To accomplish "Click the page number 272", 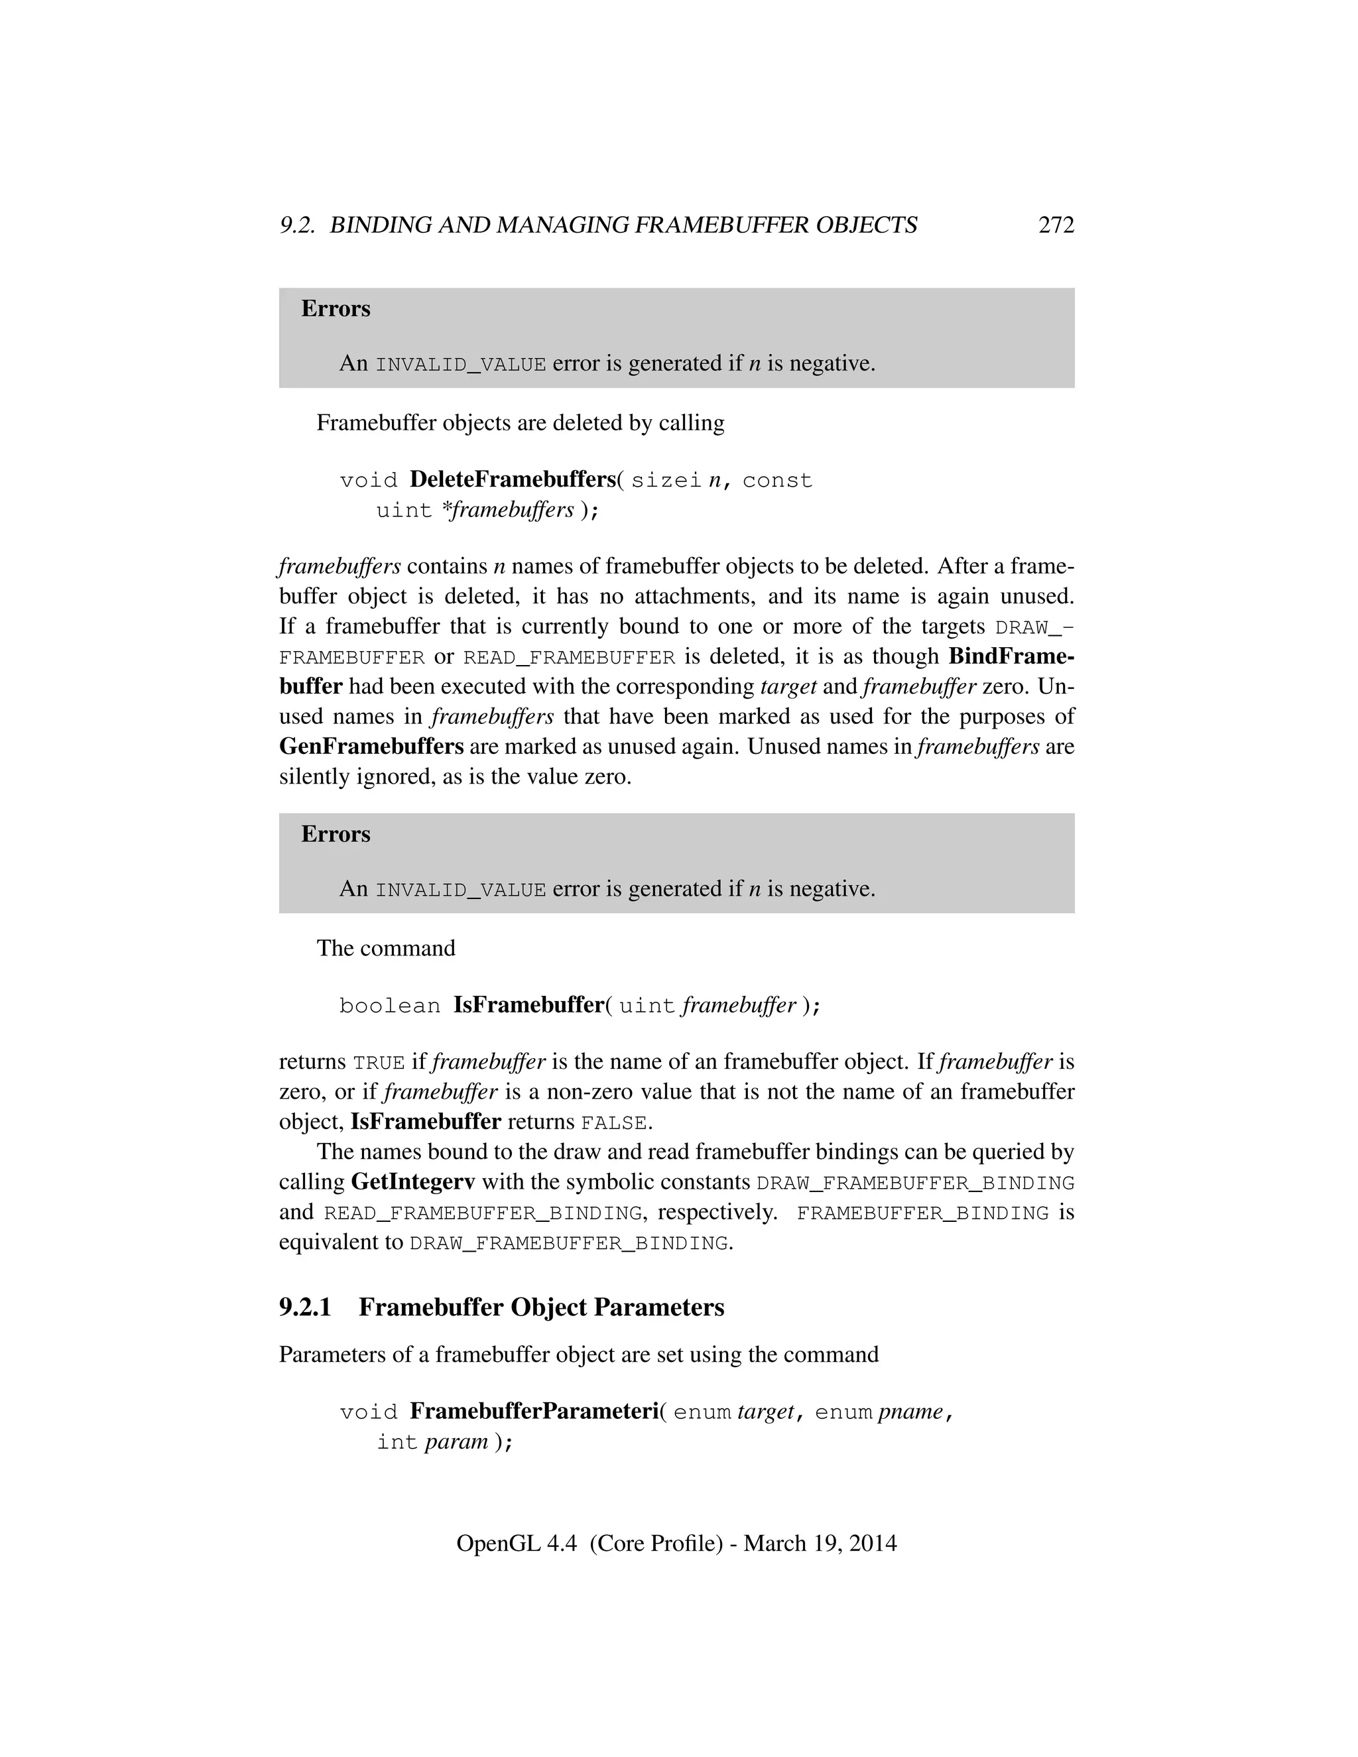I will click(1056, 225).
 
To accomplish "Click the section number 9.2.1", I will click(305, 1307).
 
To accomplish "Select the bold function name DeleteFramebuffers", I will click(512, 479).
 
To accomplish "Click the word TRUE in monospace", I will click(379, 1063).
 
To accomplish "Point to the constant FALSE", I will click(614, 1123).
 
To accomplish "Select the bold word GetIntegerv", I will click(412, 1183).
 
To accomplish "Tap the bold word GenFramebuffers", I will click(371, 747).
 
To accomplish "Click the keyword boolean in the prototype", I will click(389, 1006).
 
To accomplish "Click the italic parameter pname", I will click(910, 1412).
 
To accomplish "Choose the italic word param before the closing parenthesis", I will click(456, 1441).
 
